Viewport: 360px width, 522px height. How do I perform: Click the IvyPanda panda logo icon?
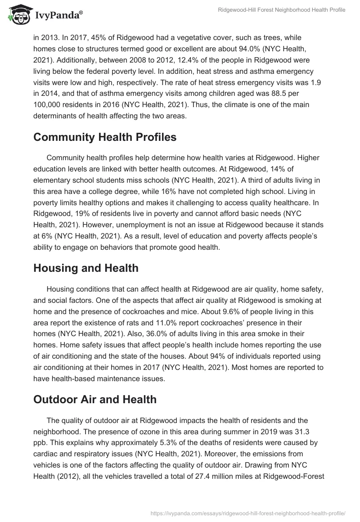tap(18, 15)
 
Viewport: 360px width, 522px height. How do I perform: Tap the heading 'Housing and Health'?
tap(86, 269)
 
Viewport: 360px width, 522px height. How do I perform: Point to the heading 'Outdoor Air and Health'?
tap(95, 399)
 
